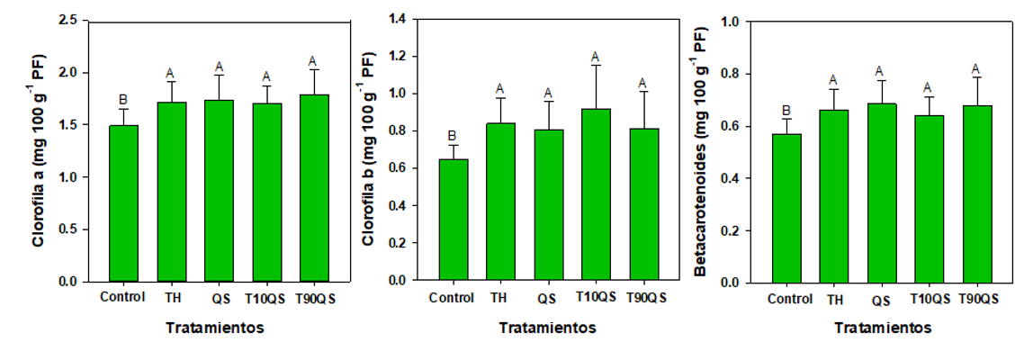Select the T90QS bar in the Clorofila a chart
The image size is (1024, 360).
(x=313, y=188)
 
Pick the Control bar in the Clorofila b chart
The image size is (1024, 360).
(x=453, y=220)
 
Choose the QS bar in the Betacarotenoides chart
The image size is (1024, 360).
(x=882, y=193)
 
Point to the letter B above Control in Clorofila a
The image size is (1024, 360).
(x=122, y=100)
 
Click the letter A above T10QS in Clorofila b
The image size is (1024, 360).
(x=596, y=57)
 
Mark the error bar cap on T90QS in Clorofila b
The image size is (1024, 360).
(x=644, y=91)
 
